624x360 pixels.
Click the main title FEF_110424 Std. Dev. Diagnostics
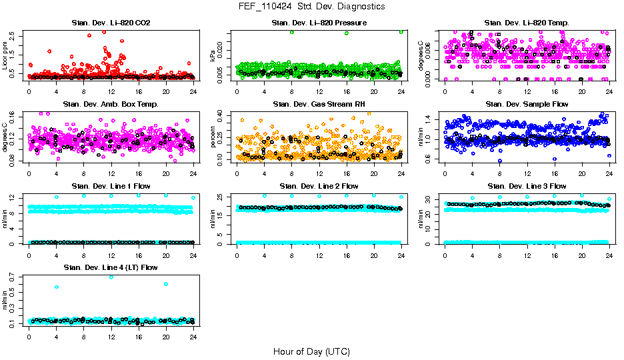tap(311, 7)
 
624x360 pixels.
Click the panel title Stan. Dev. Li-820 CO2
tap(111, 23)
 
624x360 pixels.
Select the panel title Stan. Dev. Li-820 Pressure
tap(319, 23)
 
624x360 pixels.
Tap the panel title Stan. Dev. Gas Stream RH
tap(319, 104)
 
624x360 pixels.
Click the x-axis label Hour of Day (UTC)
tap(311, 351)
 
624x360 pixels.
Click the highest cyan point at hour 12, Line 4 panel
tap(111, 277)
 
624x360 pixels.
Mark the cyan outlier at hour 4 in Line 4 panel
tap(56, 287)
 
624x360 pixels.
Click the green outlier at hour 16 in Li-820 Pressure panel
tap(347, 33)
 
